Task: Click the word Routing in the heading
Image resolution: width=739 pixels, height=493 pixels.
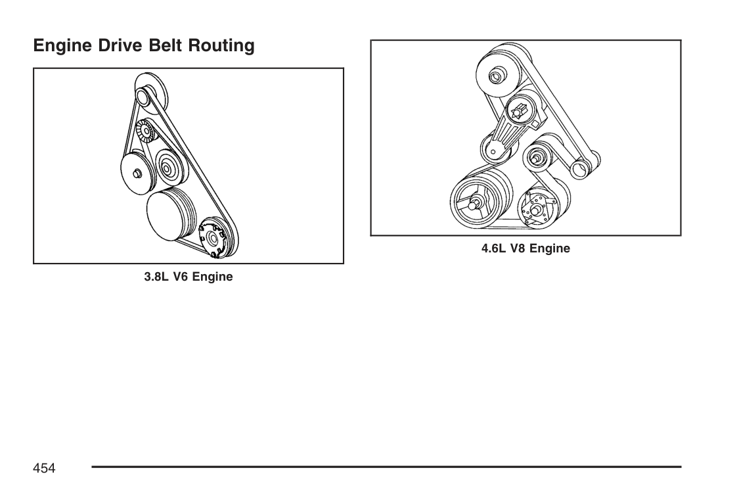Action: point(221,46)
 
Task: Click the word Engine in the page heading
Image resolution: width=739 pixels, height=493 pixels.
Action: point(62,46)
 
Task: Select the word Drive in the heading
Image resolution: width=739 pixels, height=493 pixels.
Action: point(120,45)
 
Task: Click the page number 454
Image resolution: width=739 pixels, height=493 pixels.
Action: point(44,468)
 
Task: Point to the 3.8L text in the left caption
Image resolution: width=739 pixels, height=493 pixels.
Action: point(156,277)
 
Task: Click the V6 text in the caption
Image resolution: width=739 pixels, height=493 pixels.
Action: point(181,277)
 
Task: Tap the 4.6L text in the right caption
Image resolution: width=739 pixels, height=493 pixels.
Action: point(494,248)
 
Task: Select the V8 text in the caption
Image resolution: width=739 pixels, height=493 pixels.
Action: point(518,248)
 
